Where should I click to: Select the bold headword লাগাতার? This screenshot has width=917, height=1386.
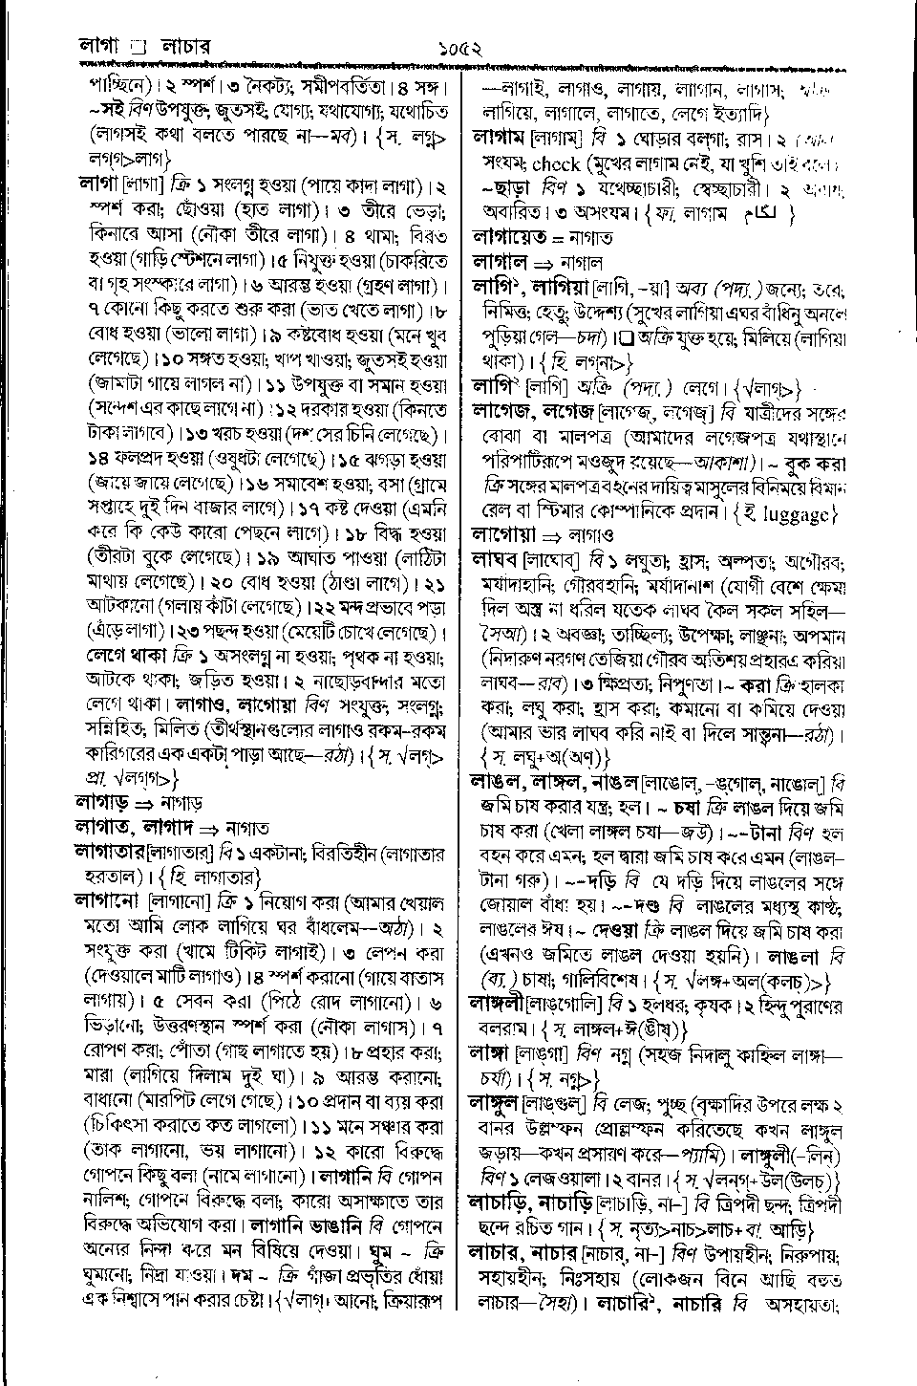pos(105,852)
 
